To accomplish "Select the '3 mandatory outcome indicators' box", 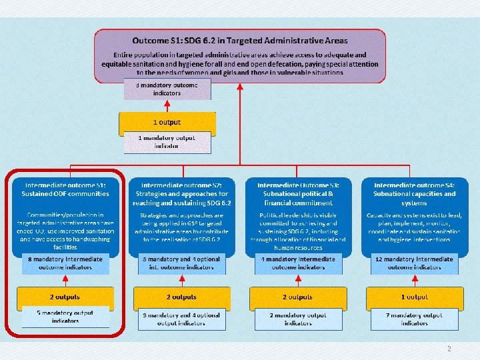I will click(x=167, y=89).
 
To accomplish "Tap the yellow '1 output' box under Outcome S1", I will click(x=167, y=122).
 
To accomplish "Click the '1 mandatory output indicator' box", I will click(x=167, y=142).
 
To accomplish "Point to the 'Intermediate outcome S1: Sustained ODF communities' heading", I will click(x=65, y=189).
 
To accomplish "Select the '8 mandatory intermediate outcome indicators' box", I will click(x=65, y=263).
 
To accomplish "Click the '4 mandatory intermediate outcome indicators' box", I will click(x=298, y=263).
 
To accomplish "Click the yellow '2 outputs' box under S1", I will click(x=65, y=297).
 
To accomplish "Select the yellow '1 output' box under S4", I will click(x=414, y=297).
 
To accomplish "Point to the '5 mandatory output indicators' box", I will click(x=65, y=317).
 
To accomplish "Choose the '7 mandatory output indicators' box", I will click(x=414, y=318).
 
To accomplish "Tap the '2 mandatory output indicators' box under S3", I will click(x=298, y=318).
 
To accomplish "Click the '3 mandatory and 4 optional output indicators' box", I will click(x=181, y=318).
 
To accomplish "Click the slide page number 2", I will click(x=449, y=349).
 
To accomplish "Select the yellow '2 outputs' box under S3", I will click(x=298, y=297).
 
